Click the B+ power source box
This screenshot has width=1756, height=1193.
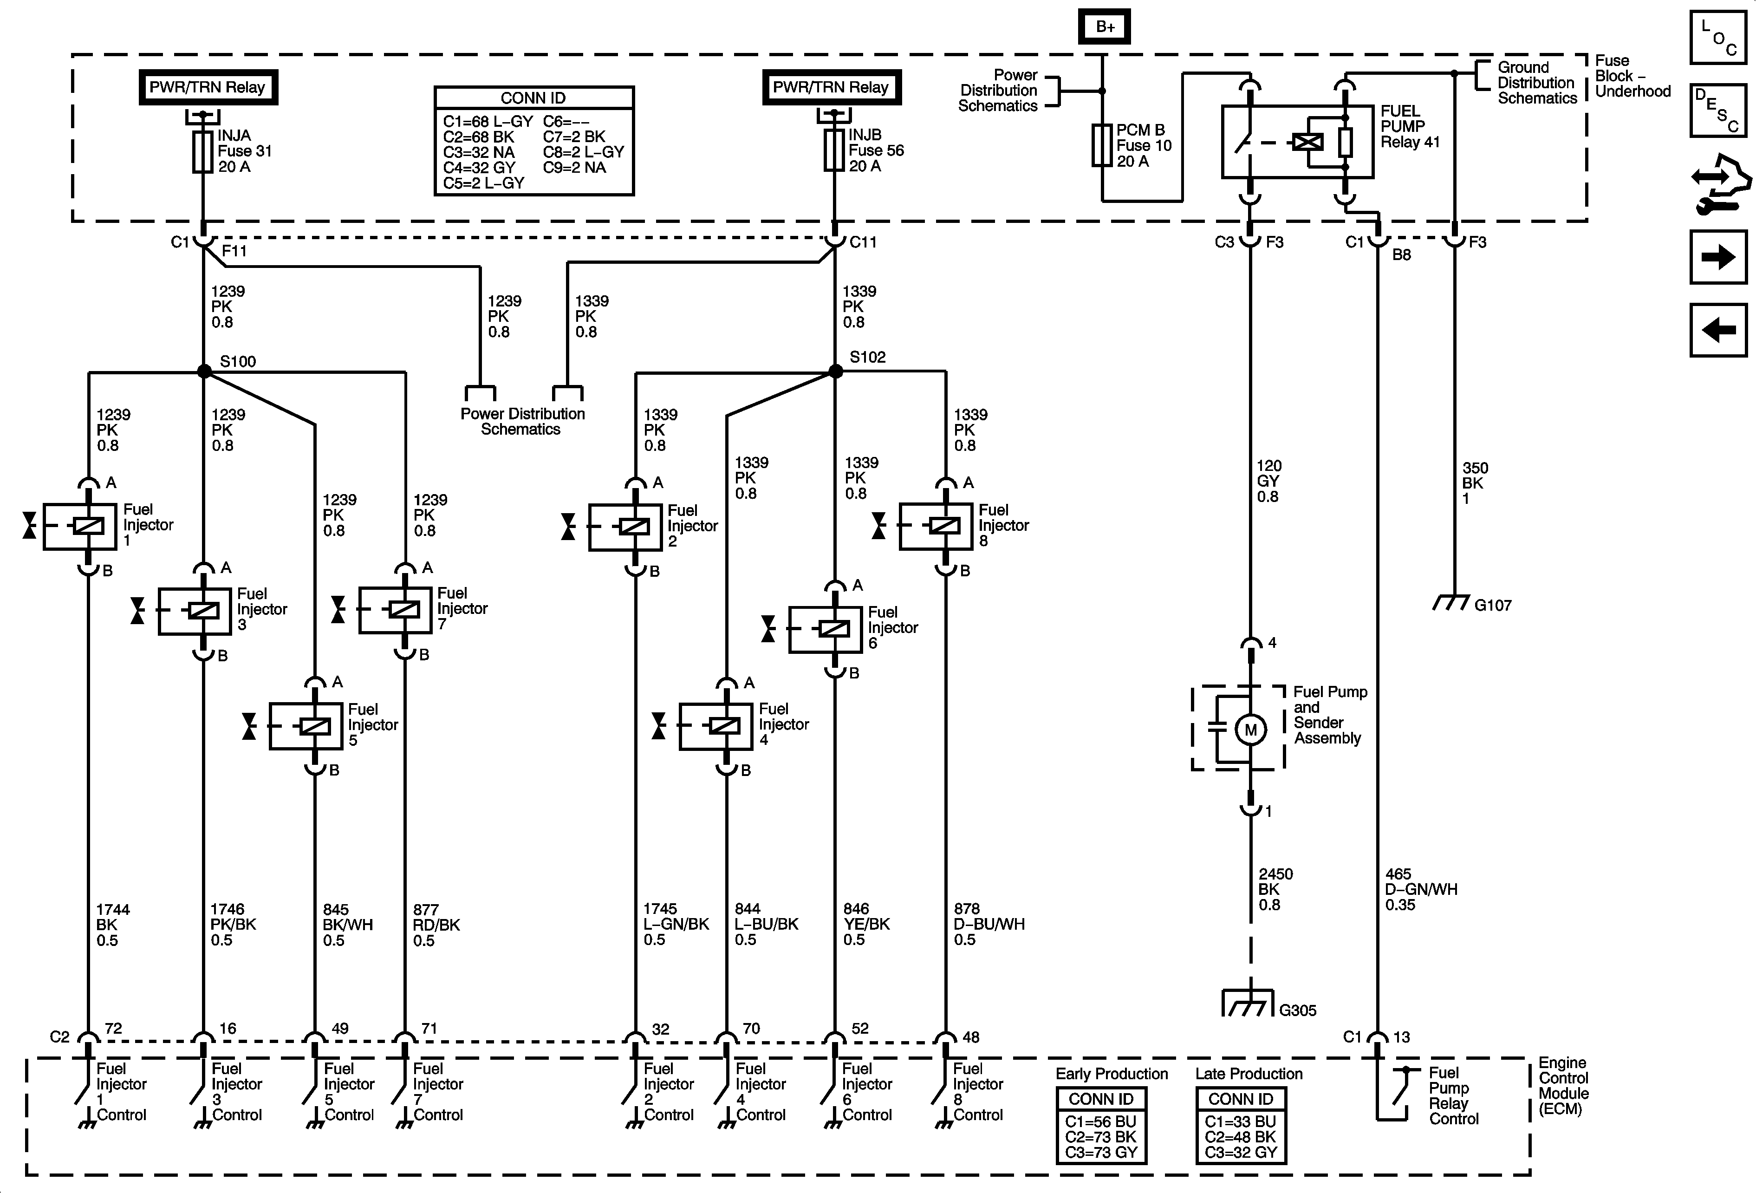(1105, 26)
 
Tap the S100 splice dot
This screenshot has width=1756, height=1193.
(204, 371)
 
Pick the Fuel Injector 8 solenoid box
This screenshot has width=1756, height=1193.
(936, 526)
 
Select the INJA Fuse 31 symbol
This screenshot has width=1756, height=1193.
(202, 152)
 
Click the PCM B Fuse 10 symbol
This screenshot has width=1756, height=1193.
(1102, 145)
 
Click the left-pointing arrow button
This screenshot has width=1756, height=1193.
(1718, 330)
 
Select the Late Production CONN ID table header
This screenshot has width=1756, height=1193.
(1241, 1099)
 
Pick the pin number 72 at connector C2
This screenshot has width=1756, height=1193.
(113, 1028)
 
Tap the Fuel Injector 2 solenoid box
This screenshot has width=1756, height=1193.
(625, 527)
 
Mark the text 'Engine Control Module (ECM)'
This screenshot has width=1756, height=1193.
(1562, 1086)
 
